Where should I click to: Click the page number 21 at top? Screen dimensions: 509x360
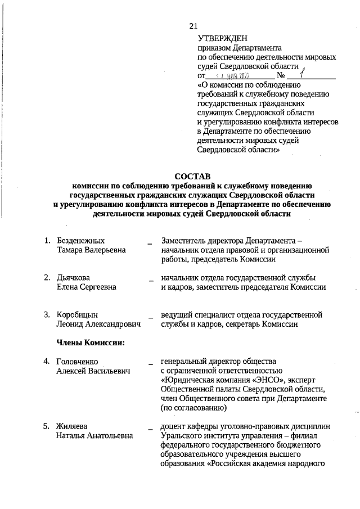pos(193,26)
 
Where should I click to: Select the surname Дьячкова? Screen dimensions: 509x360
pos(74,278)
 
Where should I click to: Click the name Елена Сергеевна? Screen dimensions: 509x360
pos(87,287)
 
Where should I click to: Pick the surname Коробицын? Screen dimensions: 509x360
pos(78,314)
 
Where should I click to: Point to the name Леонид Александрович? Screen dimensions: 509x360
pos(98,323)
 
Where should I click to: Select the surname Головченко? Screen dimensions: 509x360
pos(79,361)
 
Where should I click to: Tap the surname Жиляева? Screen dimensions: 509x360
pos(72,426)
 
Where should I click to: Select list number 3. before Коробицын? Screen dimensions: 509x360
pos(48,314)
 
